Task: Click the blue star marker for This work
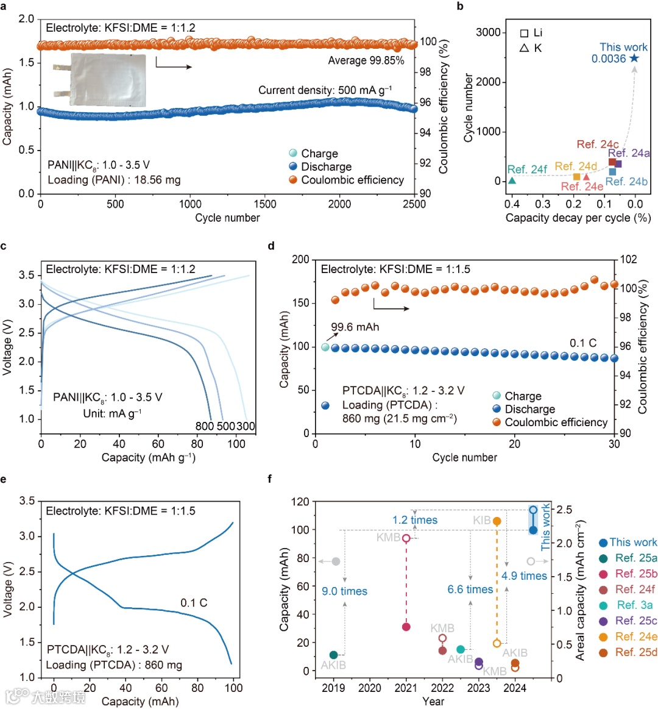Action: tap(634, 58)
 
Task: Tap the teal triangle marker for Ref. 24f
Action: tap(512, 180)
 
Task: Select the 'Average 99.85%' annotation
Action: tap(366, 60)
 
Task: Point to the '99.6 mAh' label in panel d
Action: tap(355, 327)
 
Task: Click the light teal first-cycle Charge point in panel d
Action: tap(325, 347)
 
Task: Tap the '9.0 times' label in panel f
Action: tap(344, 591)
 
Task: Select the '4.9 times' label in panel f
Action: tap(524, 576)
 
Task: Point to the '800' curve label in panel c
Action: tap(205, 426)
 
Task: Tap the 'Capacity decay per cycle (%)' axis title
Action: tap(578, 218)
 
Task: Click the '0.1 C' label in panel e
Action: tap(194, 603)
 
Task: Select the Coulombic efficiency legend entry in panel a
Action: tap(352, 180)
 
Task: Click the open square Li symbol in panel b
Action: tap(524, 33)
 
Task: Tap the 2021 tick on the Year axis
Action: tap(406, 688)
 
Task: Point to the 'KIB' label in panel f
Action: tap(482, 521)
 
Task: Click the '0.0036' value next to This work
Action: tap(609, 59)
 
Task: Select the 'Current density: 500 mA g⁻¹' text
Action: tap(325, 90)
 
